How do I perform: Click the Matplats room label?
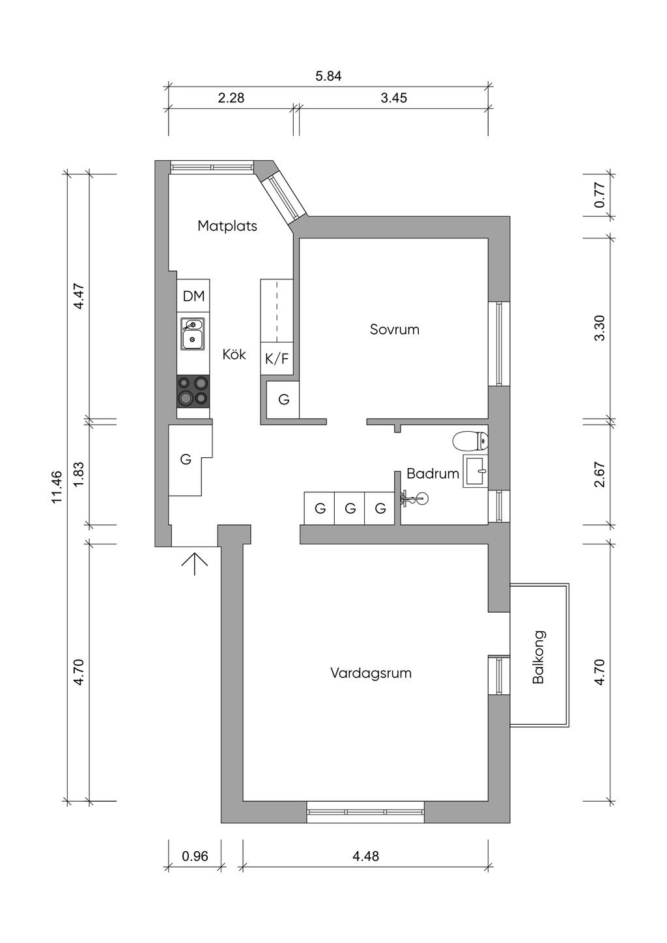(x=227, y=226)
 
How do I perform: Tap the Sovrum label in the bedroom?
(x=395, y=330)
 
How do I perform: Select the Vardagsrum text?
(x=371, y=673)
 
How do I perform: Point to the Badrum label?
(x=433, y=473)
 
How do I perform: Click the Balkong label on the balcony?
(x=538, y=656)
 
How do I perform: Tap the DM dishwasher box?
(x=193, y=296)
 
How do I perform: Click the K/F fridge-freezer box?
(x=277, y=359)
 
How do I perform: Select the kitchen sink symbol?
(x=193, y=334)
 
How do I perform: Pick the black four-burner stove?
(x=193, y=391)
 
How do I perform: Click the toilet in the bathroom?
(x=470, y=441)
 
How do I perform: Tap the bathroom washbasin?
(x=475, y=471)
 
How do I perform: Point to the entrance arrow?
(x=194, y=564)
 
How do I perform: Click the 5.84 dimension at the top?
(x=328, y=76)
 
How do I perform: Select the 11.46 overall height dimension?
(x=57, y=486)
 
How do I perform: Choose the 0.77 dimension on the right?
(x=599, y=194)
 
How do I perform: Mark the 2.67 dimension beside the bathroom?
(x=599, y=475)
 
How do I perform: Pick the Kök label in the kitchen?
(x=234, y=354)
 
